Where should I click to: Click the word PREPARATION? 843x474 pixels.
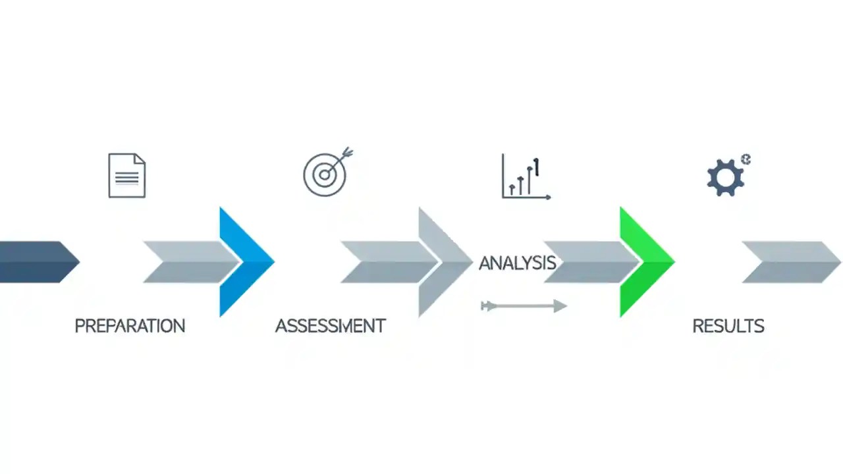[130, 325]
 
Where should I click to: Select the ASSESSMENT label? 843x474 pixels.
[330, 325]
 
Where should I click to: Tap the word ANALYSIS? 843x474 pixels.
[517, 263]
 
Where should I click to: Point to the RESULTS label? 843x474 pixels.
[728, 325]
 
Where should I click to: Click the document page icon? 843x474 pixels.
[126, 175]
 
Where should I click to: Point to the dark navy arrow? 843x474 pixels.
[36, 262]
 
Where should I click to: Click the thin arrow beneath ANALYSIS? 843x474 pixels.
[524, 306]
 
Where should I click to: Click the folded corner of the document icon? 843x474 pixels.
[140, 160]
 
